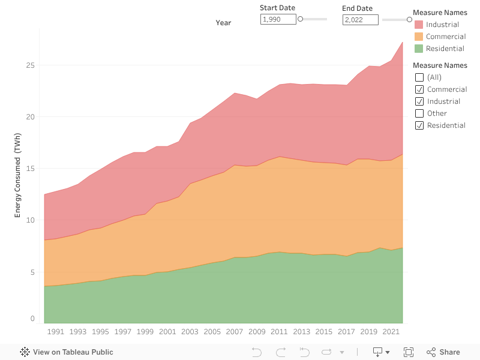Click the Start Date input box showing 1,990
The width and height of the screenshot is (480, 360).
[x=278, y=20]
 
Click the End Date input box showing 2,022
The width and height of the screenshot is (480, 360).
[x=360, y=20]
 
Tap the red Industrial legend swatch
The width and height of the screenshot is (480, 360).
[x=419, y=25]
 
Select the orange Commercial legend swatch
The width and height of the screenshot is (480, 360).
[x=419, y=37]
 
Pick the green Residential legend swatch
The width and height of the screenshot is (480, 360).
[x=419, y=49]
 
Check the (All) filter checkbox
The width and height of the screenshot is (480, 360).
[x=419, y=77]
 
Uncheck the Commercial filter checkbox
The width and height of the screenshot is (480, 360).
[x=419, y=89]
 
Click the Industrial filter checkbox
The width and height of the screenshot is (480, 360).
[x=419, y=101]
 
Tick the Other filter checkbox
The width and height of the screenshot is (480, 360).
[x=419, y=113]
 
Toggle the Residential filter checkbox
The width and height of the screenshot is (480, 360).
[x=419, y=125]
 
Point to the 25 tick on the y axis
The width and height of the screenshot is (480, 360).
[x=30, y=65]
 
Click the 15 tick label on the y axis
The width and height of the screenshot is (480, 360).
[x=30, y=169]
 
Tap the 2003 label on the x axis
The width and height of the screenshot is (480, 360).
[x=190, y=332]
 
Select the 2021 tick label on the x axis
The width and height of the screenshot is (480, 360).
[x=391, y=332]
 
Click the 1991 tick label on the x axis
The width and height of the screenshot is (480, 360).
[x=55, y=332]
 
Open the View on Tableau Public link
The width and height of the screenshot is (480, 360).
[x=67, y=352]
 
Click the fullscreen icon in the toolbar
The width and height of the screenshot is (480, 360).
[x=409, y=352]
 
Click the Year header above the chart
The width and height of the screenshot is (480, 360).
[x=223, y=23]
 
